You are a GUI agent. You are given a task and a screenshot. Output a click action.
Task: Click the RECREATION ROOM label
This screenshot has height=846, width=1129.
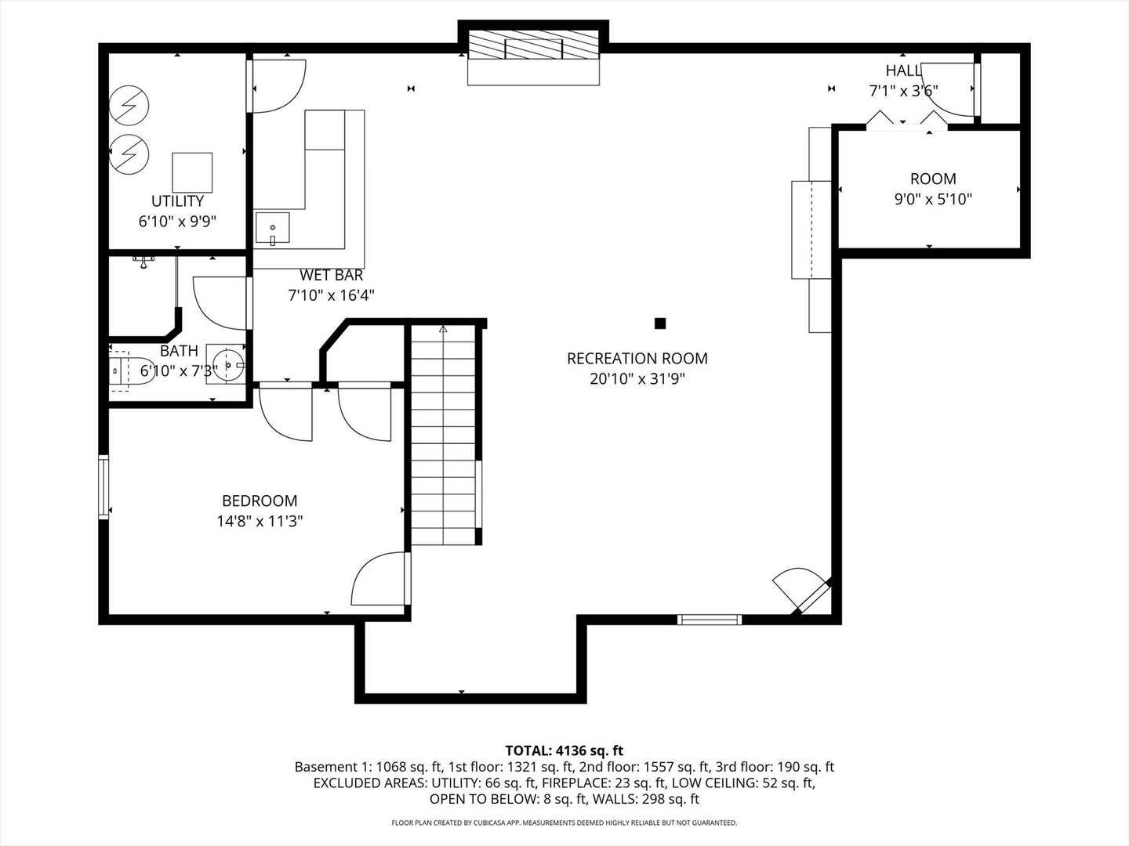coord(637,359)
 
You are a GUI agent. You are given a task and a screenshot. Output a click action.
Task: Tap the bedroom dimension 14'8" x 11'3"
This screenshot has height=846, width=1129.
coord(260,520)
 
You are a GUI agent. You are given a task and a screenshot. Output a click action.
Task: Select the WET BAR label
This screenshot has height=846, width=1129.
coord(331,276)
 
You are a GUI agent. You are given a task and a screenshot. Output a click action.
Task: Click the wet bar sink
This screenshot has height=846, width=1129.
coord(272,228)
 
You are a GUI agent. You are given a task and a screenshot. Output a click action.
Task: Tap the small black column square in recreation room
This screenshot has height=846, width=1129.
coord(660,323)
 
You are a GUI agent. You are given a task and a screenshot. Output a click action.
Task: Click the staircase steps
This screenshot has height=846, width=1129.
coord(444,439)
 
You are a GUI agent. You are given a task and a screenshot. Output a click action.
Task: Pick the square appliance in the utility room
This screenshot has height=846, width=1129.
coord(192,172)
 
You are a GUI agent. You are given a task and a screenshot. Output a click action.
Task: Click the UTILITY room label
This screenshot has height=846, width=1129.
coord(177,201)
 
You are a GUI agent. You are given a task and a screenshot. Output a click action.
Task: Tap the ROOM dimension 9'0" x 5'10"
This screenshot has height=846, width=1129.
coord(933,199)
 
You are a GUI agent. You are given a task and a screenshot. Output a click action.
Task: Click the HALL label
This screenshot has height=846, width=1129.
coord(903,70)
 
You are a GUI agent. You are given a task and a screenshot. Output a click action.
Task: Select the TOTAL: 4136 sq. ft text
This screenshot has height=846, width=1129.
coord(564,750)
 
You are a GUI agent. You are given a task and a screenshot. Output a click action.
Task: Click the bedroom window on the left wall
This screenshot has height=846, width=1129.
coord(103,486)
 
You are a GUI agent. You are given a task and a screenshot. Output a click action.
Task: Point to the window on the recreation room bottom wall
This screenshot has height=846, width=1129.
coord(710,620)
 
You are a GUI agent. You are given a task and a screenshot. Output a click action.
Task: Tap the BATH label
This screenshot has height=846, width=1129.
coord(179,351)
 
